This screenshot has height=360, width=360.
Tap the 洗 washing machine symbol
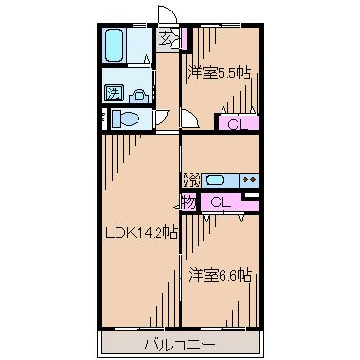[x=114, y=94]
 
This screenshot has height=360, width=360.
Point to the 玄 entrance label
[x=168, y=40]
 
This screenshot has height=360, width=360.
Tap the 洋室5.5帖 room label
[x=219, y=72]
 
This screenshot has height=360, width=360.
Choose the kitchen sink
[x=216, y=179]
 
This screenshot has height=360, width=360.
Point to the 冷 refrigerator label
[x=189, y=179]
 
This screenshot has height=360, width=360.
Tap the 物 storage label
[x=189, y=201]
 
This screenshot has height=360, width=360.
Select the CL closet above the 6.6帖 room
[x=221, y=201]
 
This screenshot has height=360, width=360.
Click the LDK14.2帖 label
[x=140, y=232]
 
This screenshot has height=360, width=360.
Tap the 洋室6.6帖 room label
[x=219, y=275]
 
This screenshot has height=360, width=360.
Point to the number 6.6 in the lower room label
[x=229, y=275]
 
